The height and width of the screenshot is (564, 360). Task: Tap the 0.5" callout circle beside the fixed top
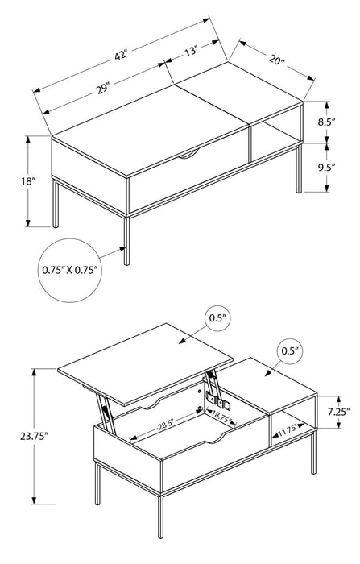(x=290, y=351)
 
